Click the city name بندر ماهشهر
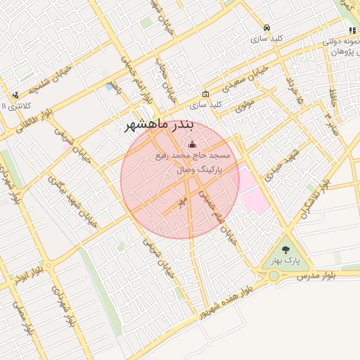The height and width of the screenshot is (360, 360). point(158,125)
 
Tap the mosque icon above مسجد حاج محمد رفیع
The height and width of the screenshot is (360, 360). point(193,143)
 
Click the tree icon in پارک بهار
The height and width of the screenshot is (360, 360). point(285,249)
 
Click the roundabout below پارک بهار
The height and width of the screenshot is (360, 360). point(274,276)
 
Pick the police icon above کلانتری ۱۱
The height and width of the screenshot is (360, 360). point(15,94)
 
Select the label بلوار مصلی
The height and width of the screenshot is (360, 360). point(24,320)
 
